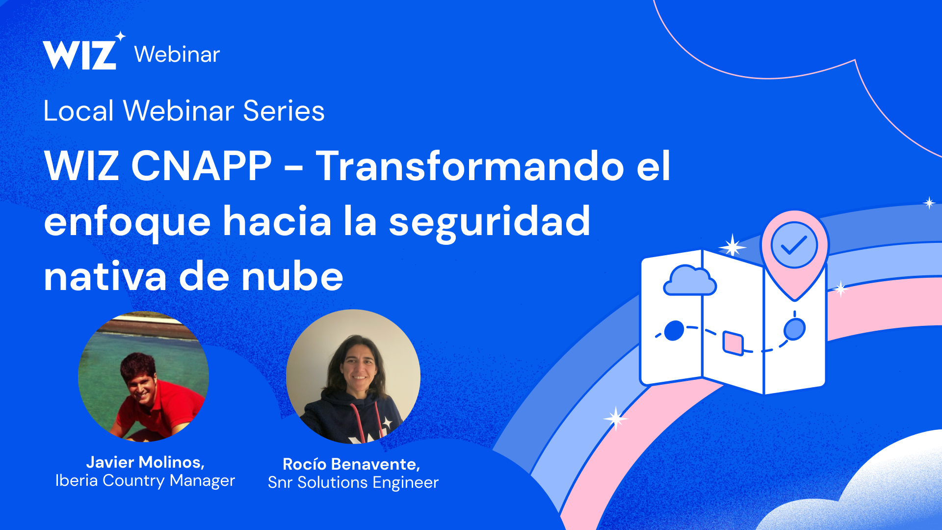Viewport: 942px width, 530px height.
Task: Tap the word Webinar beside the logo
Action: (x=177, y=54)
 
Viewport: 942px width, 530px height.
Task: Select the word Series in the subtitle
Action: (x=284, y=110)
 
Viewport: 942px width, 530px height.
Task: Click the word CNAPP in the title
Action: (x=201, y=166)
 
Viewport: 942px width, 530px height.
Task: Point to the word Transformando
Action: (x=470, y=166)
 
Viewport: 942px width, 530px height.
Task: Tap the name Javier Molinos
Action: (x=145, y=462)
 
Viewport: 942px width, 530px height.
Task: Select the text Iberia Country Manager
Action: (x=145, y=480)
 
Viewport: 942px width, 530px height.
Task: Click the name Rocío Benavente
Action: (x=351, y=464)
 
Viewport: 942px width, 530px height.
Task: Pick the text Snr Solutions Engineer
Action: (x=353, y=482)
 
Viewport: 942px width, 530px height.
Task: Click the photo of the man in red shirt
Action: (x=143, y=376)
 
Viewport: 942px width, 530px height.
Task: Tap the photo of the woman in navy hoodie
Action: (x=353, y=376)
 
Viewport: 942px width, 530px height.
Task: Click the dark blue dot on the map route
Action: (x=674, y=331)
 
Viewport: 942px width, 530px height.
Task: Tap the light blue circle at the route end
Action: (x=794, y=329)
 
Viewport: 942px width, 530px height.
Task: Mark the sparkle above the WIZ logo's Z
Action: (x=121, y=36)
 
